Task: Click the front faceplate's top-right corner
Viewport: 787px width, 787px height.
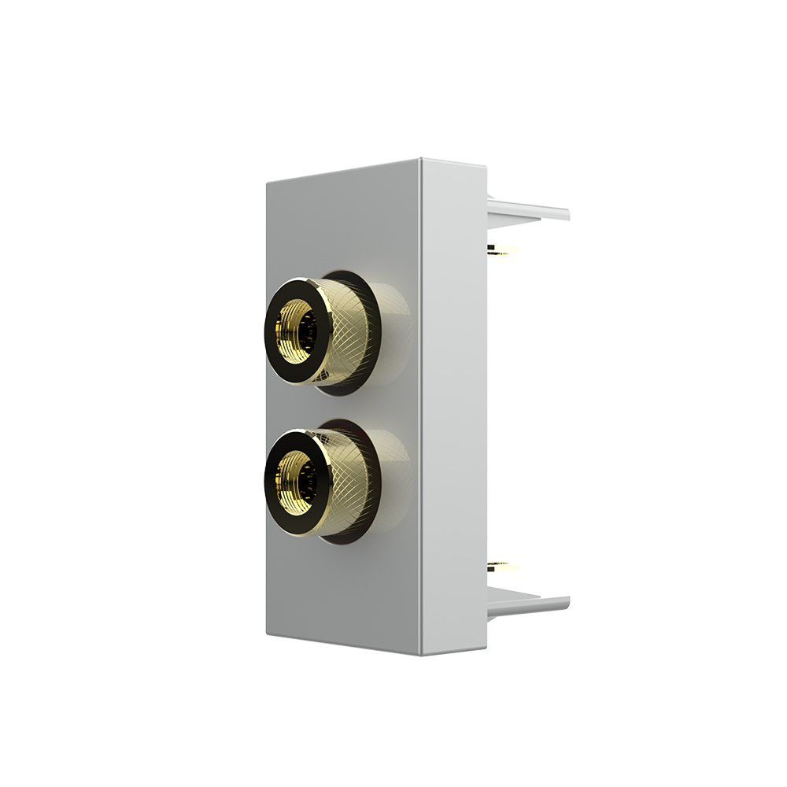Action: click(420, 161)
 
